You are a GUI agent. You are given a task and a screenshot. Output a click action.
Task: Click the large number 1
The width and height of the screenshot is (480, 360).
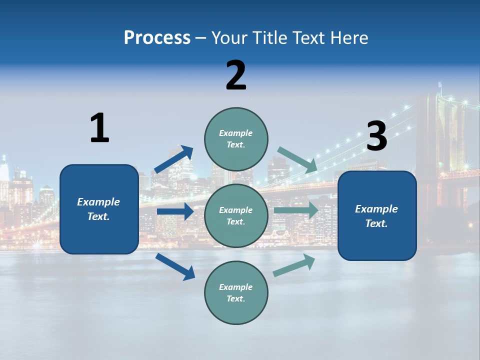(x=99, y=128)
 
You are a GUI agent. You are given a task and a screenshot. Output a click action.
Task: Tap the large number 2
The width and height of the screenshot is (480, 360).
(x=236, y=75)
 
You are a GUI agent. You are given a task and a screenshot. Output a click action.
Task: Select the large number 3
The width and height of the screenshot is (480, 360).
(x=377, y=136)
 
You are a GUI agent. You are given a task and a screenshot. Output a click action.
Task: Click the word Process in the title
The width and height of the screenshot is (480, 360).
(x=157, y=37)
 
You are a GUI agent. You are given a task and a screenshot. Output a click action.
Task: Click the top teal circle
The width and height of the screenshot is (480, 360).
(x=236, y=139)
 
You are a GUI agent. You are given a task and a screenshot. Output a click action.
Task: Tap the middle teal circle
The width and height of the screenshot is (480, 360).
(x=236, y=215)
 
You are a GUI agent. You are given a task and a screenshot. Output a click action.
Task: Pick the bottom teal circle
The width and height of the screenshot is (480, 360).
(x=236, y=292)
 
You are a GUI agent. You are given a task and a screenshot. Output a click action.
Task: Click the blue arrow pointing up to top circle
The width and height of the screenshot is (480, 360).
(x=173, y=159)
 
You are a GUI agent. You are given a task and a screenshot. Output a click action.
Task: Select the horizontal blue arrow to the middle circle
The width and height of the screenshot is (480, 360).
(x=175, y=211)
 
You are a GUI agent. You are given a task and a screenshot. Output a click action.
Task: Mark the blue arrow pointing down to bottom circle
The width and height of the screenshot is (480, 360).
(x=175, y=266)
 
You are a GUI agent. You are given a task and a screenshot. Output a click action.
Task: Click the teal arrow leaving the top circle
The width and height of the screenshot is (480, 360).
(x=297, y=159)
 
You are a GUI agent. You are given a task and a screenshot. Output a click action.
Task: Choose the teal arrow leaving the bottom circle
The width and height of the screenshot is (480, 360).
(x=294, y=265)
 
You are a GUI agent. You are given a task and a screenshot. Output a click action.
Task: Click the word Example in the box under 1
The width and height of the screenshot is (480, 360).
(x=98, y=202)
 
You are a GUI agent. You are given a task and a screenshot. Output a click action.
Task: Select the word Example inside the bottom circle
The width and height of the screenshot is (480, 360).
(x=236, y=287)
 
